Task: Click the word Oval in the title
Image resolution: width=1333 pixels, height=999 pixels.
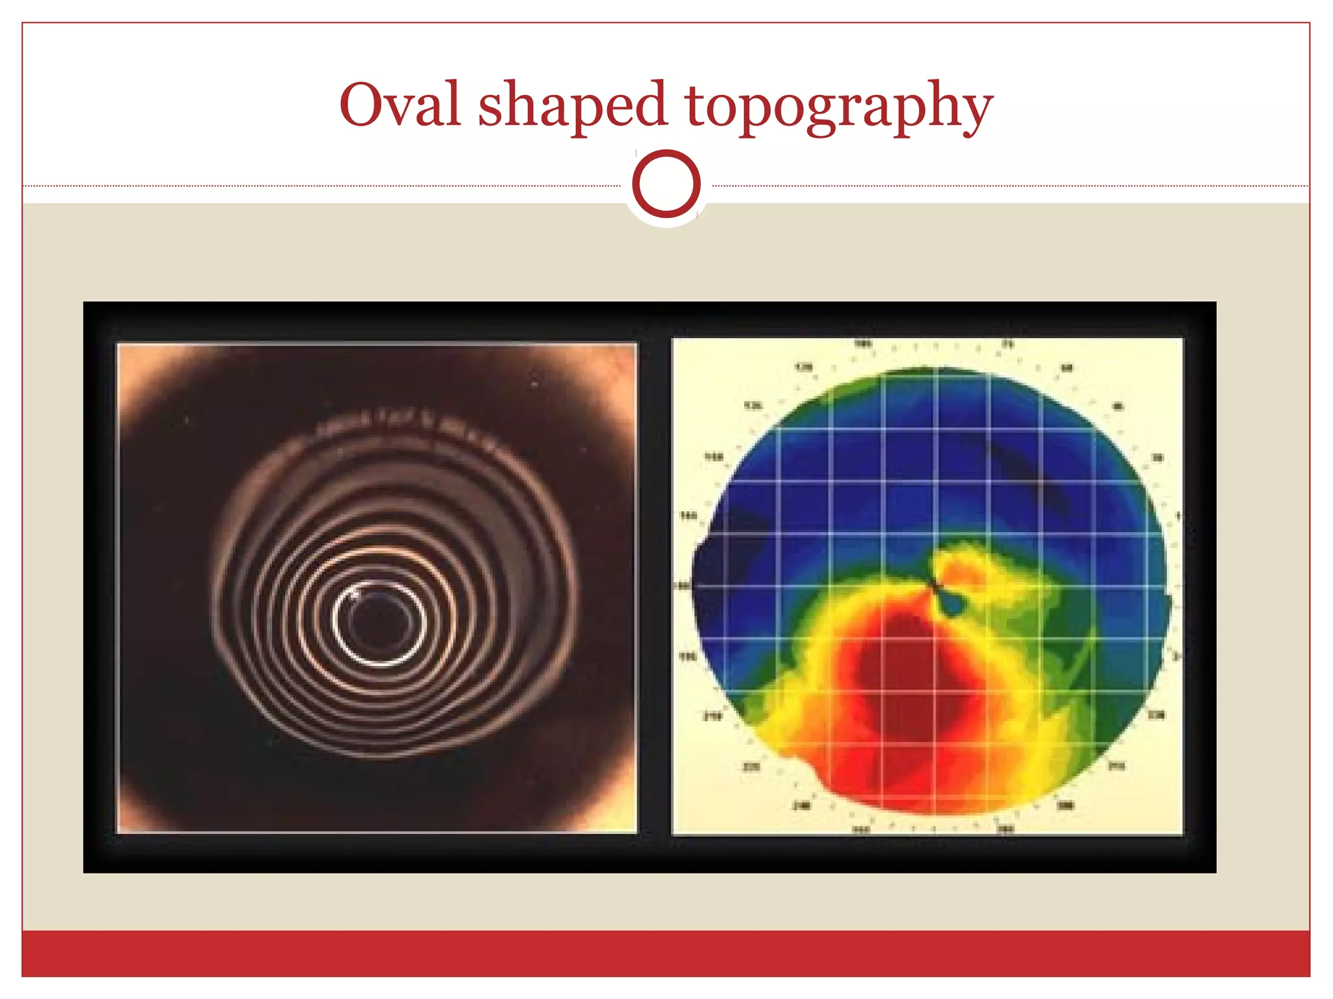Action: [x=400, y=105]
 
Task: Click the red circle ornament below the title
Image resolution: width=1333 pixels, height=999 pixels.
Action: [x=666, y=184]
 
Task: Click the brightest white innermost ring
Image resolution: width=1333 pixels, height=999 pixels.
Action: [x=379, y=663]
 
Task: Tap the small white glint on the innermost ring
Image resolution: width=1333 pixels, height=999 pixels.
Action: [x=354, y=593]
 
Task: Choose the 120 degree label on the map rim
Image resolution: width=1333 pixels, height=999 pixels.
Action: [x=804, y=367]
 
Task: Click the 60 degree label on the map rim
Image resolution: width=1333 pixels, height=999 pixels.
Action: [x=1066, y=368]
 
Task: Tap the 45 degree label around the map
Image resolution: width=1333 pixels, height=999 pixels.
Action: [x=1118, y=406]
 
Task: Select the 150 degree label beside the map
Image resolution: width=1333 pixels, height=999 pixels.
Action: [x=714, y=457]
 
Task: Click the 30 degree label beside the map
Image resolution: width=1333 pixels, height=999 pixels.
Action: [x=1157, y=458]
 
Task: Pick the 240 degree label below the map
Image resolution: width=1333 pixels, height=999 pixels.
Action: [x=801, y=806]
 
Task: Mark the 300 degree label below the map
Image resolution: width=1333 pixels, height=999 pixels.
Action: [x=1065, y=806]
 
